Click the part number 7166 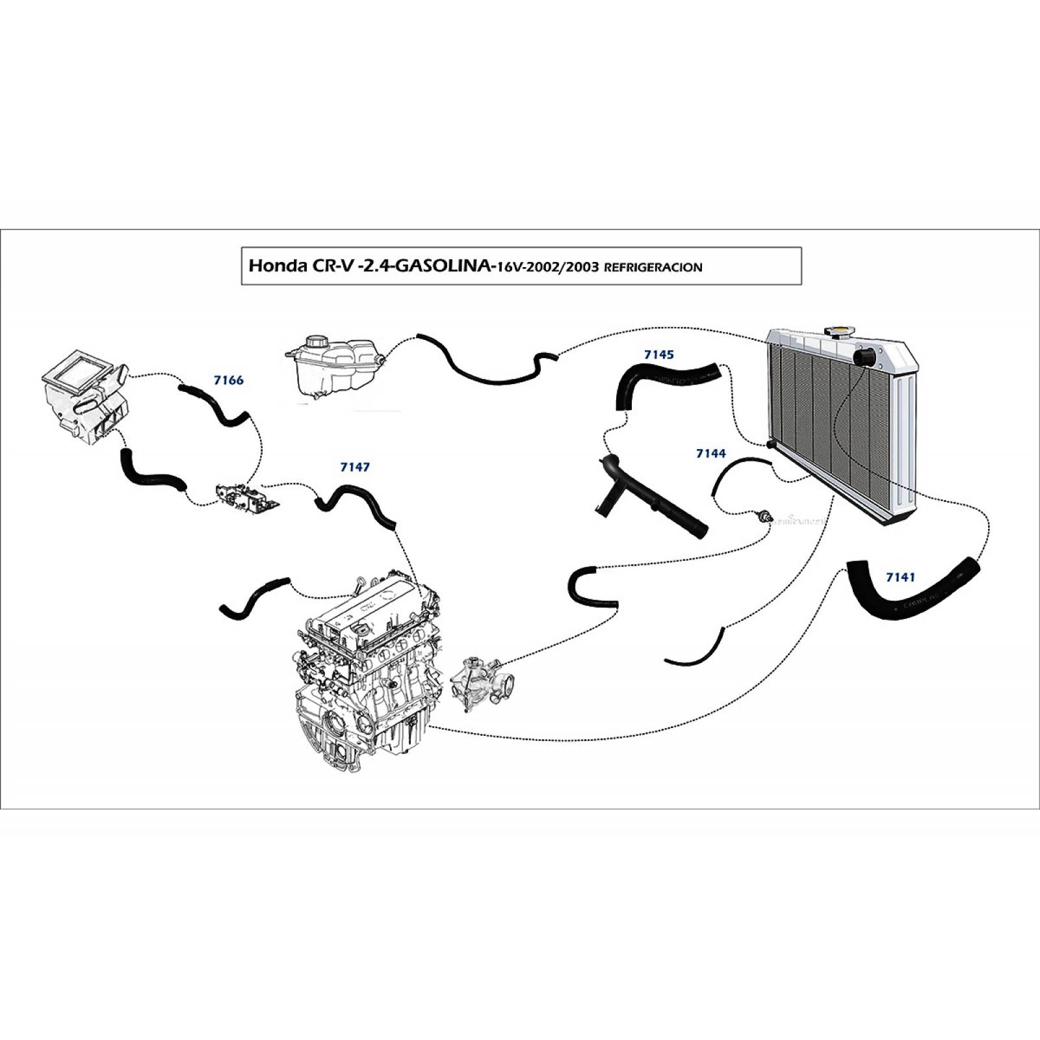tap(228, 380)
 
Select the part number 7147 tap(355, 467)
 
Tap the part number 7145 tap(658, 355)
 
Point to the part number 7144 tap(710, 453)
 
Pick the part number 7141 tap(900, 577)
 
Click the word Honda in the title tap(274, 266)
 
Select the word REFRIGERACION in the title tap(653, 267)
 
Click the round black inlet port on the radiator tap(866, 356)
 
